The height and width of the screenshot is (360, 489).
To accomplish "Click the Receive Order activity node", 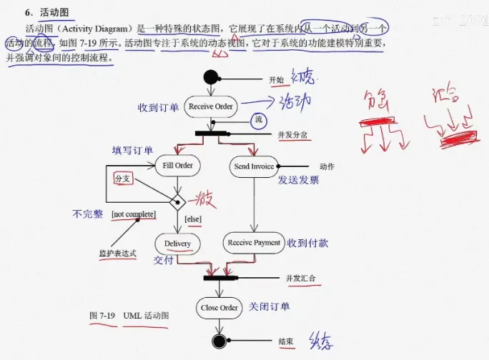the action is coord(210,106).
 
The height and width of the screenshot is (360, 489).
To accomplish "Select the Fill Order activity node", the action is coord(177,166).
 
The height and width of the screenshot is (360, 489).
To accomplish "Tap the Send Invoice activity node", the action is coord(254,166).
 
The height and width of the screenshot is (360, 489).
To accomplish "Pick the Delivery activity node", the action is coord(177,244).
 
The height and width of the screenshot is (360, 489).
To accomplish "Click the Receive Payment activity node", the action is coord(254,243).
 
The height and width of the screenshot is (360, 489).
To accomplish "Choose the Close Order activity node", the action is coord(219,308).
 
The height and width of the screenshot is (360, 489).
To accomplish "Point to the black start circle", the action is coord(210,77).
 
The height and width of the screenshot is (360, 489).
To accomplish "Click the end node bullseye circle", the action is coord(219,342).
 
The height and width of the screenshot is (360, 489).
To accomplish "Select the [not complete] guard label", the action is coord(134,214).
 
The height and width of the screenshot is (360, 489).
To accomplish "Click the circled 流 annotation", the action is coord(259,120).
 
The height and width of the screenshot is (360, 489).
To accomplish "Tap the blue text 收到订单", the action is coord(159,107).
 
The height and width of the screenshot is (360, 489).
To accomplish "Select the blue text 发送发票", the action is coord(298,180).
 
